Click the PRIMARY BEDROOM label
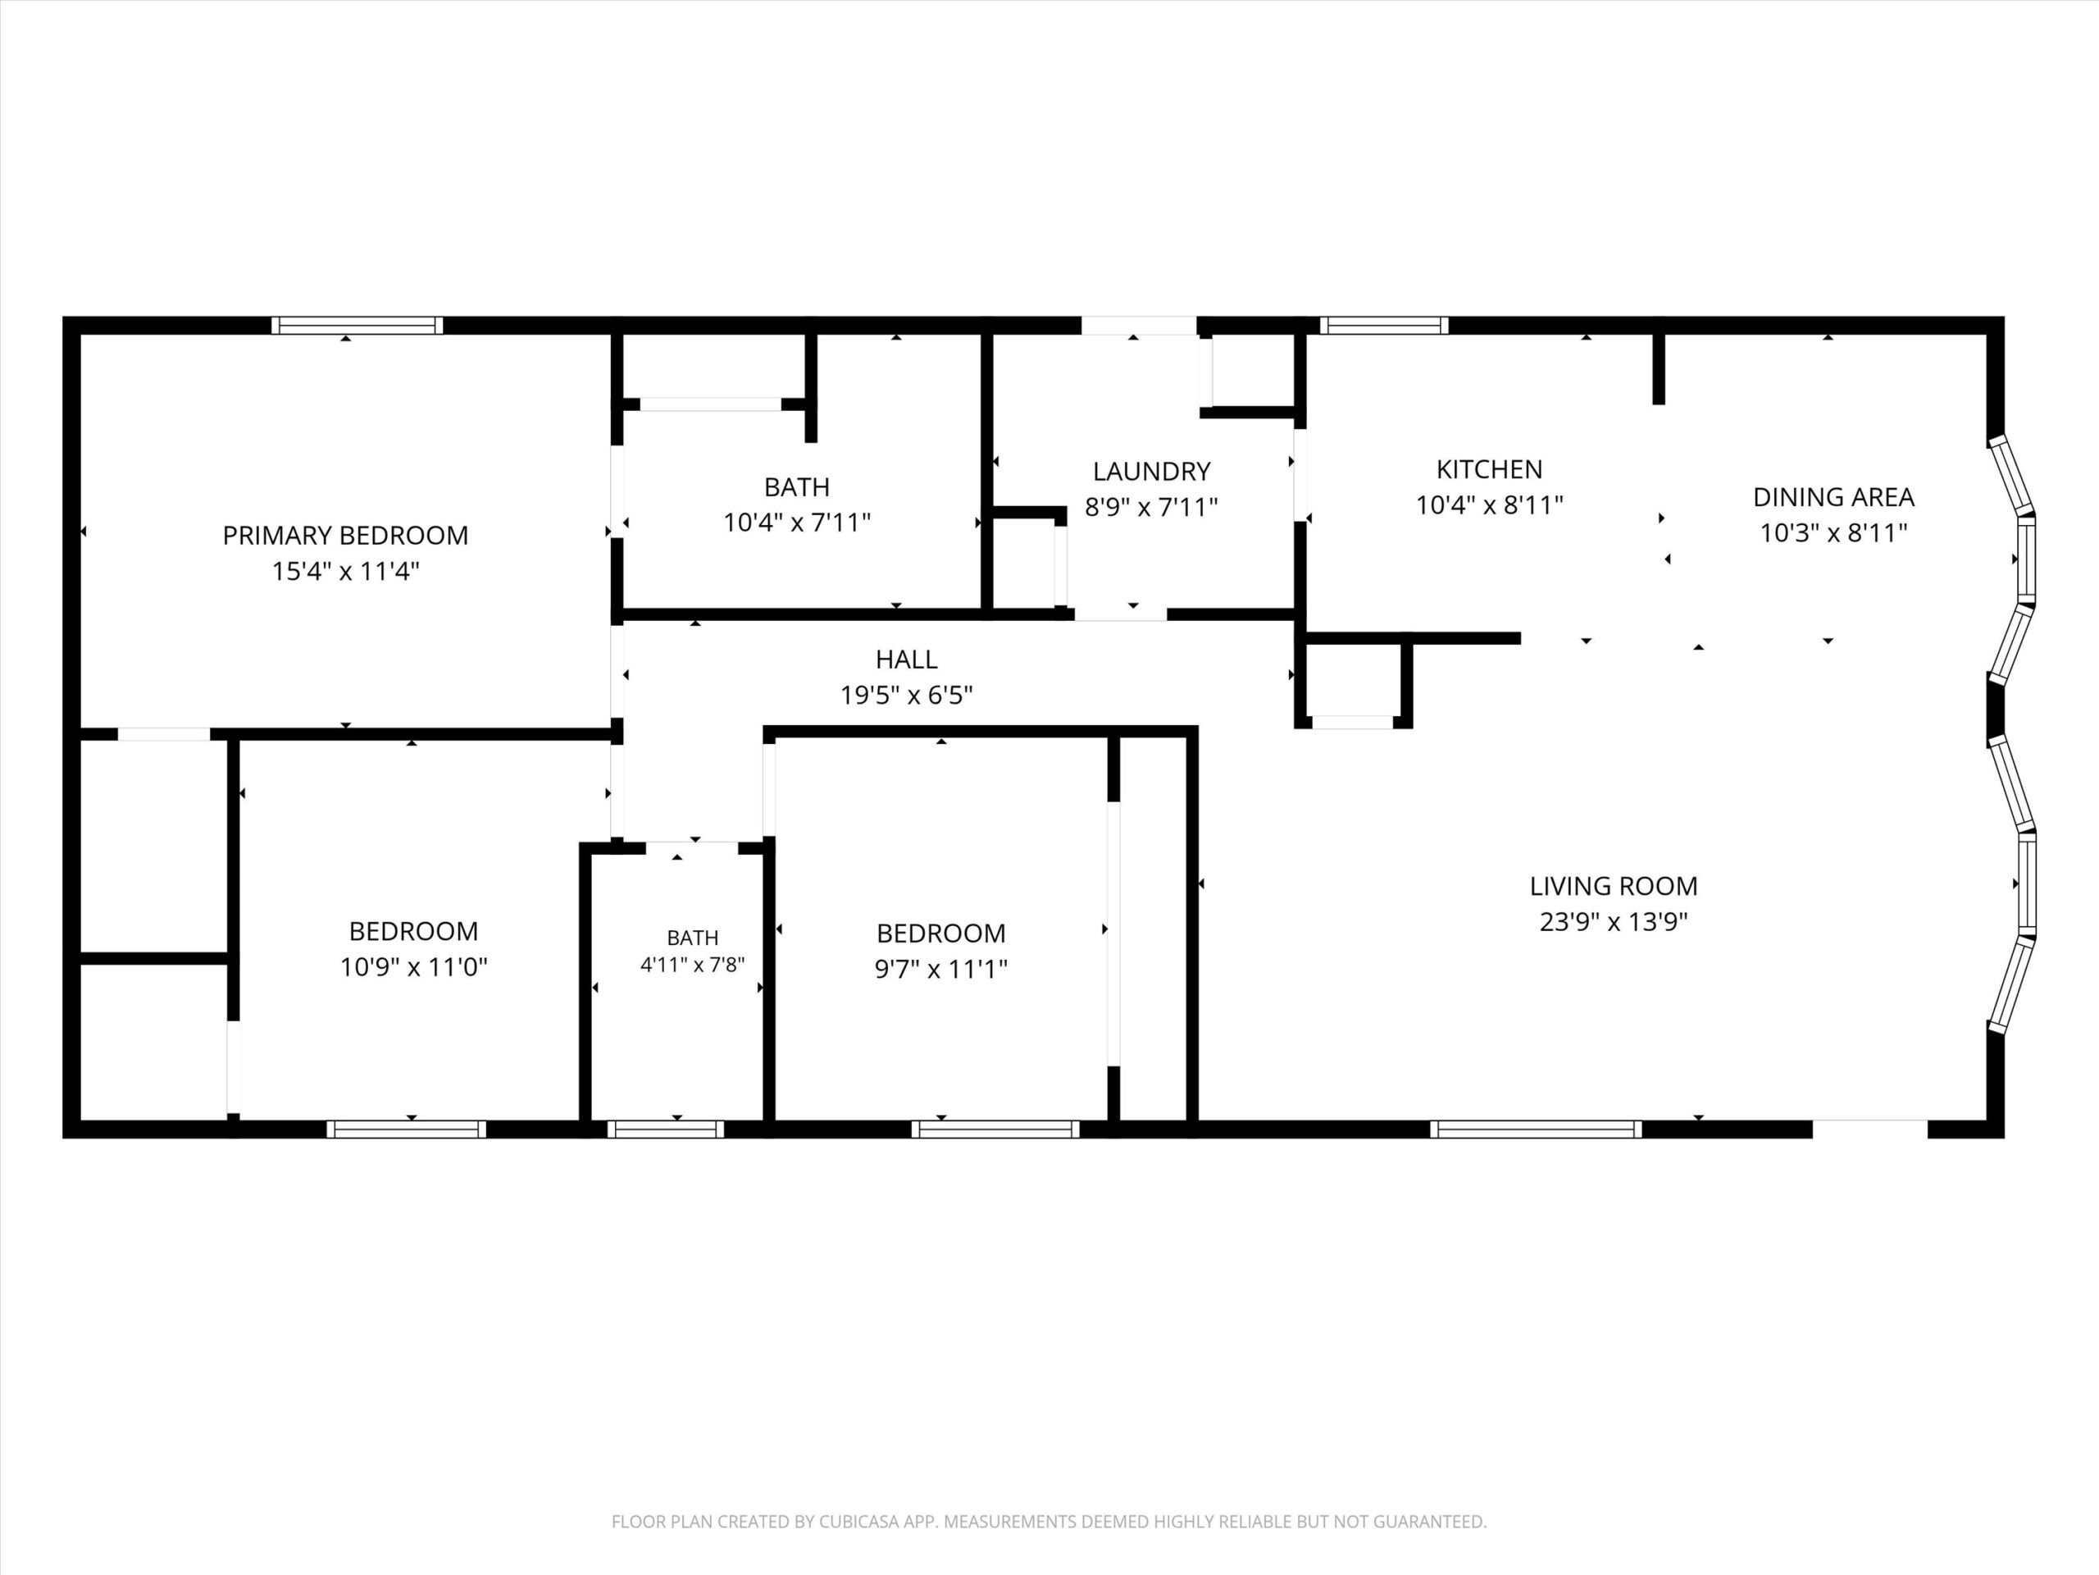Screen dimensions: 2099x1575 tap(345, 536)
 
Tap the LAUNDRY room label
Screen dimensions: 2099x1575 tap(1151, 471)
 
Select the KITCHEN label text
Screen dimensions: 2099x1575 tap(1489, 469)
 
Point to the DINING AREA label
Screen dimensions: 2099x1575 tap(1833, 496)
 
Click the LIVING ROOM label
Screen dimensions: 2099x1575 tap(1613, 886)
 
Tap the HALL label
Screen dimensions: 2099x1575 tap(906, 659)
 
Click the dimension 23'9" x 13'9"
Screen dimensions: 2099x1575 tap(1613, 922)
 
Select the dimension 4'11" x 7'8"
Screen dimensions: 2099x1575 tap(693, 965)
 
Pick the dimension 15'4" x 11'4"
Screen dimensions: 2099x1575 tap(345, 572)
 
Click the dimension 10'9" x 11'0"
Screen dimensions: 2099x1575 tap(414, 967)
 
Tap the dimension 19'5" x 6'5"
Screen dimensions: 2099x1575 tap(906, 695)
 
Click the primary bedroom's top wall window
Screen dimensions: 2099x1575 tap(357, 326)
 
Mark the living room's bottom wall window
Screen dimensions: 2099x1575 tap(1536, 1129)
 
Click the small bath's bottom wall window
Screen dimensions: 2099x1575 tap(665, 1129)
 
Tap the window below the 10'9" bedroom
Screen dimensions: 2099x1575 tap(406, 1129)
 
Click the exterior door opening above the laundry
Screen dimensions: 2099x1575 tap(1139, 326)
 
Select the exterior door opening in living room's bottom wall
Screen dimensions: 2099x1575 tap(1869, 1129)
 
